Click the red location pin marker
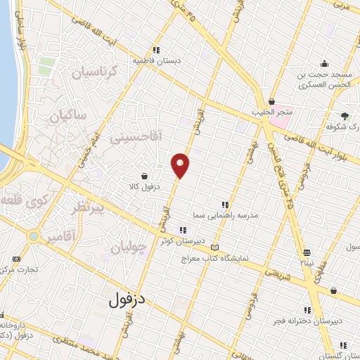point(181,165)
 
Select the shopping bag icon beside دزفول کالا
point(144,176)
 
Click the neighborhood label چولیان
point(129,247)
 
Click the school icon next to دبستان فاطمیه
point(156,49)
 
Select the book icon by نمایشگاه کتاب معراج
point(214,247)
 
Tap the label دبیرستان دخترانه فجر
point(308,321)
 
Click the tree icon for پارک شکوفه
point(345,116)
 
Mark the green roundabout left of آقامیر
point(33,236)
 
